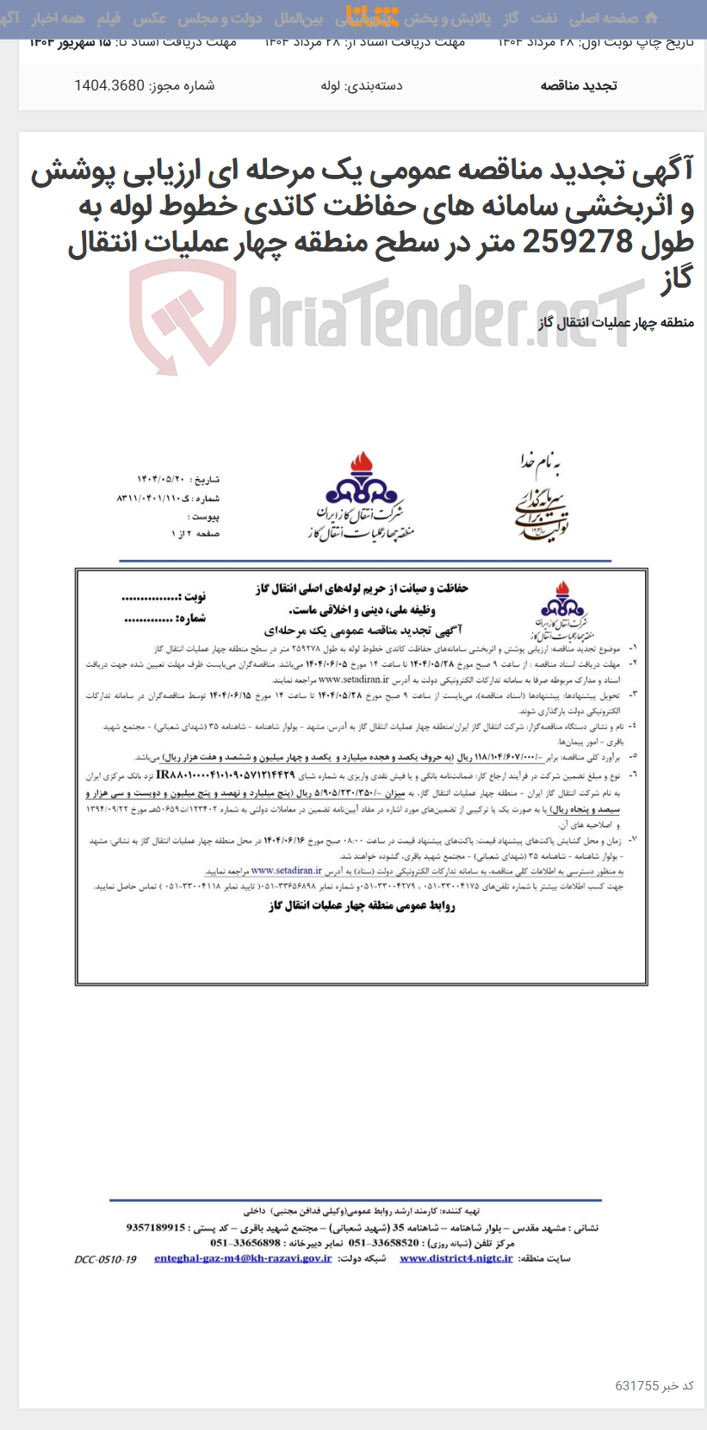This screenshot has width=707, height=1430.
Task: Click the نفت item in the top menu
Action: click(543, 18)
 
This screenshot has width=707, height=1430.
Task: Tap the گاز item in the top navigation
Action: click(511, 18)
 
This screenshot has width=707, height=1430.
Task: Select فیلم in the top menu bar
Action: click(109, 18)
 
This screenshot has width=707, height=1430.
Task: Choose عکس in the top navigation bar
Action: click(149, 18)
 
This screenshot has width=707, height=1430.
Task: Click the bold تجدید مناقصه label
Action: click(578, 85)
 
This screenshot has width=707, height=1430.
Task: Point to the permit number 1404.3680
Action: click(109, 85)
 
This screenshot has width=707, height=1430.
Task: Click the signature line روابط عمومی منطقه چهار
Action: click(362, 905)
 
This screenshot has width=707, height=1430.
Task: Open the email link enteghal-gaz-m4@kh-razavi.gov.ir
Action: click(243, 1259)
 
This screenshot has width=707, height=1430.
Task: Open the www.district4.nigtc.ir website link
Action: click(456, 1259)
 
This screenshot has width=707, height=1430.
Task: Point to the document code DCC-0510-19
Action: click(105, 1259)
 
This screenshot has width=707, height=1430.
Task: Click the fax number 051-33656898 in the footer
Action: click(245, 1243)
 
